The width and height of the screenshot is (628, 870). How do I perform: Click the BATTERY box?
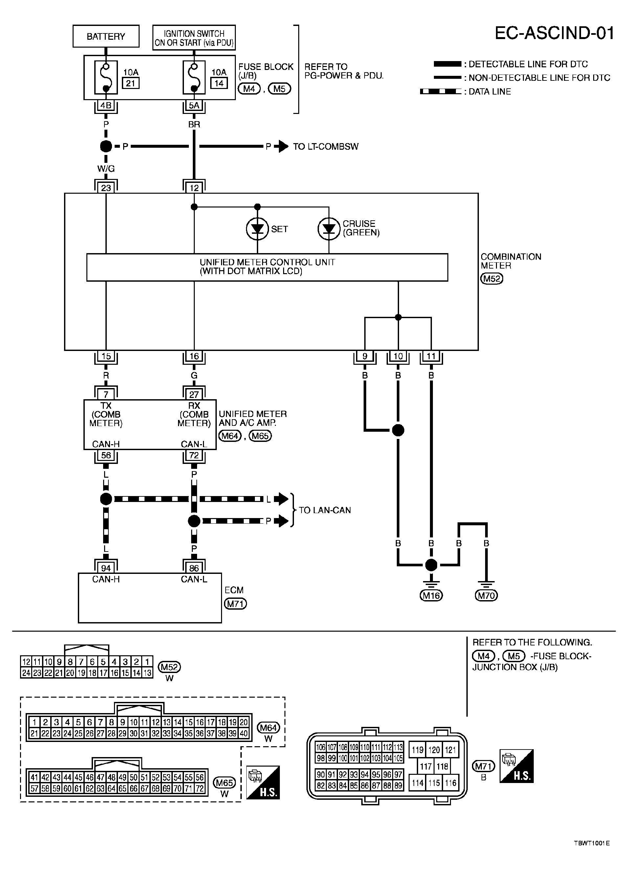(x=106, y=36)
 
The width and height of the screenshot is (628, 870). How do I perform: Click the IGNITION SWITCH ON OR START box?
(x=194, y=38)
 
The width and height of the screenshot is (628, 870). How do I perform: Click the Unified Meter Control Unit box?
(x=267, y=267)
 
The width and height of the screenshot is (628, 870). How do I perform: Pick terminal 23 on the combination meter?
(x=106, y=187)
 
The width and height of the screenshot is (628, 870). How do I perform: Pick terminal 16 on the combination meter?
(x=194, y=356)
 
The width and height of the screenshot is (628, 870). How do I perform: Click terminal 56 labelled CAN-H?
(x=106, y=455)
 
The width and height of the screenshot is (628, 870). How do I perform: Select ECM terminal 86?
(x=194, y=568)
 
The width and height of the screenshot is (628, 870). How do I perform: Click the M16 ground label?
(x=432, y=595)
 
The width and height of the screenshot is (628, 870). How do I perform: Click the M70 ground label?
(x=486, y=595)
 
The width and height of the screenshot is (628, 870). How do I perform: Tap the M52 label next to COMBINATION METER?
(x=492, y=278)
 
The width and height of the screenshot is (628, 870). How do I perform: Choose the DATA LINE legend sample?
(x=441, y=92)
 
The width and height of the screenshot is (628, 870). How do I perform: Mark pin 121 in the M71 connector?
(x=450, y=750)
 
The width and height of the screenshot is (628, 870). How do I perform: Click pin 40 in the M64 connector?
(x=244, y=733)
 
